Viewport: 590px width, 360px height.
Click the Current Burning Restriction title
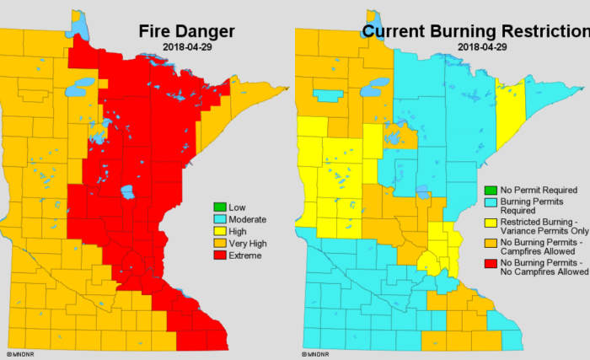(475, 31)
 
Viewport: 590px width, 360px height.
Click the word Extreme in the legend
(245, 255)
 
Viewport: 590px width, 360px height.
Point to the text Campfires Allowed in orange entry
(539, 252)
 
